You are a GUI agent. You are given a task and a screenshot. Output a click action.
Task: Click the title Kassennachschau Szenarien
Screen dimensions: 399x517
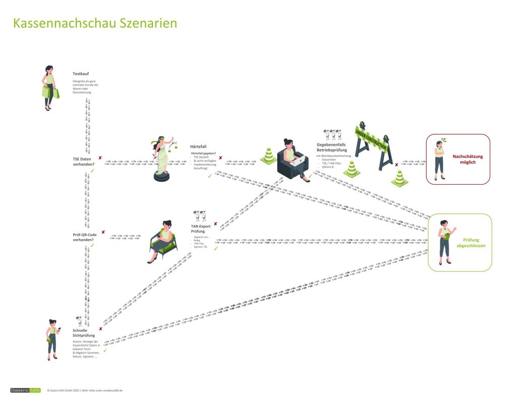point(95,24)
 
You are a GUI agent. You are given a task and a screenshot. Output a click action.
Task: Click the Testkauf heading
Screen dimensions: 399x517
point(81,74)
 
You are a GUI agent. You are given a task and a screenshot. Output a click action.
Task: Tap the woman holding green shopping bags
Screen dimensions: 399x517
point(49,88)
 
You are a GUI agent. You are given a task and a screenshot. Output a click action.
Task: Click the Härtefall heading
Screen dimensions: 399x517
point(198,146)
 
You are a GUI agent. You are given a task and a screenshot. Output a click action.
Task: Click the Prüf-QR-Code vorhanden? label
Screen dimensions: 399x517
point(84,237)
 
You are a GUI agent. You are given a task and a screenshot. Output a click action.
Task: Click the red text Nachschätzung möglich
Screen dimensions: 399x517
point(468,159)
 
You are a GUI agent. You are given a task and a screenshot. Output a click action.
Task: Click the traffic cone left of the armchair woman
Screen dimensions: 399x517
point(269,156)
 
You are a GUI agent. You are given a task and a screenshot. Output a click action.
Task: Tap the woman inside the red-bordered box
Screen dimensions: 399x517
point(440,159)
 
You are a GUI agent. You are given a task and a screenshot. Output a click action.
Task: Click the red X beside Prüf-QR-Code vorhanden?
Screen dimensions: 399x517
point(103,233)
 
